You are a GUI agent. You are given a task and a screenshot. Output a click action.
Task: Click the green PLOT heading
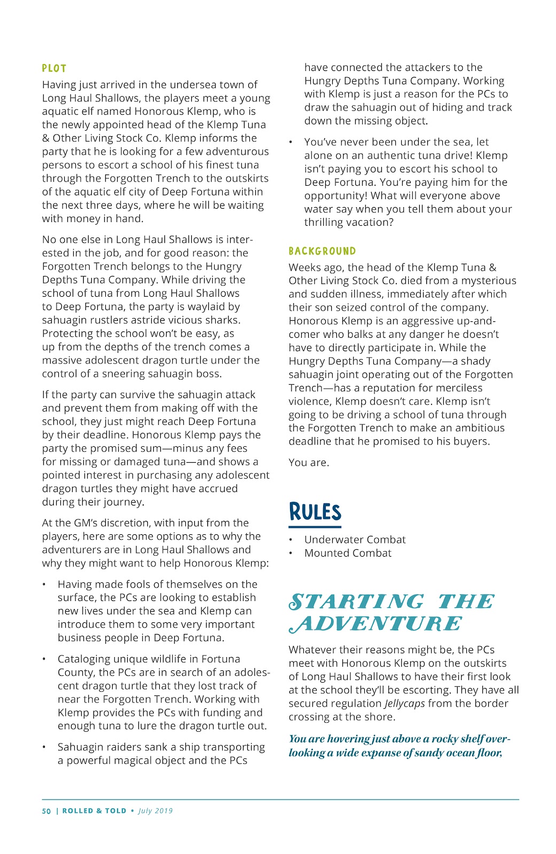click(x=54, y=68)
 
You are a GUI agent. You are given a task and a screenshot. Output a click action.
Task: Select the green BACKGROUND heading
click(x=322, y=251)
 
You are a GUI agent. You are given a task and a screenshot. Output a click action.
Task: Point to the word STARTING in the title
click(x=356, y=602)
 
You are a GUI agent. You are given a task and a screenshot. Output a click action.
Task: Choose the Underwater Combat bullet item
click(x=355, y=540)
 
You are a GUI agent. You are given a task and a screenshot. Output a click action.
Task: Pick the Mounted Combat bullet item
click(x=348, y=553)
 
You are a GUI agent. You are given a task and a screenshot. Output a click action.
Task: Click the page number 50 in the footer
click(x=46, y=811)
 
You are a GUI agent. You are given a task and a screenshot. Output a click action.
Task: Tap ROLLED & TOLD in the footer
click(x=94, y=811)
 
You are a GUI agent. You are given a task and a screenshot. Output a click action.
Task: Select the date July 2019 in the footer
click(x=155, y=811)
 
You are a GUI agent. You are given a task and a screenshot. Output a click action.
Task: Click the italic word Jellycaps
click(x=404, y=703)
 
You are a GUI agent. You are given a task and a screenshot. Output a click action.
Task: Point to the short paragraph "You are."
click(x=309, y=462)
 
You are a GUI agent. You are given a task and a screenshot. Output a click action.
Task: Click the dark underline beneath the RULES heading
click(x=315, y=527)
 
